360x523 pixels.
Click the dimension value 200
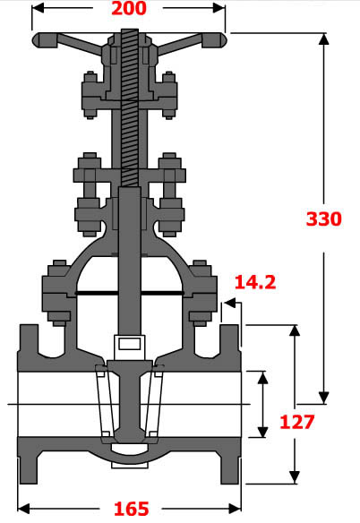tap(130, 10)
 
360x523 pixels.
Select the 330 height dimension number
tap(323, 219)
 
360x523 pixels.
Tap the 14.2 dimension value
tap(254, 283)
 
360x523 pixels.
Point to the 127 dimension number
tap(296, 422)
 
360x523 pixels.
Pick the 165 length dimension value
tap(131, 509)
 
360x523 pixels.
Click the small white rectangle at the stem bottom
tap(129, 343)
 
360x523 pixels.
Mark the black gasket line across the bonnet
tap(129, 293)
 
